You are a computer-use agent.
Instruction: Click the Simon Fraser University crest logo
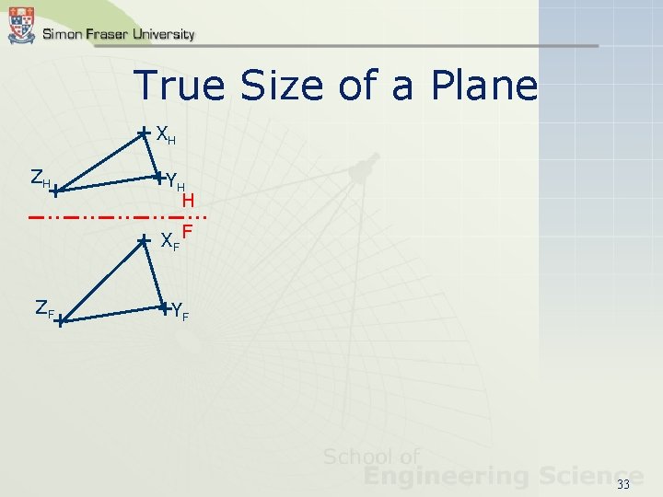pyautogui.click(x=21, y=25)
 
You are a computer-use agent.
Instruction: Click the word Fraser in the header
pyautogui.click(x=101, y=34)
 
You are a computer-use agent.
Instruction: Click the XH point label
pyautogui.click(x=166, y=136)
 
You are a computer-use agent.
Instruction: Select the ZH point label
pyautogui.click(x=40, y=179)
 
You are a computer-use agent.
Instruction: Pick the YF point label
pyautogui.click(x=180, y=312)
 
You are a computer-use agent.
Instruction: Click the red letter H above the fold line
pyautogui.click(x=187, y=200)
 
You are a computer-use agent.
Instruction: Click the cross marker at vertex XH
pyautogui.click(x=144, y=133)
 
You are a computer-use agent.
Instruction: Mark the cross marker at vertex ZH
pyautogui.click(x=55, y=191)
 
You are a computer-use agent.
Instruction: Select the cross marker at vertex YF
pyautogui.click(x=163, y=307)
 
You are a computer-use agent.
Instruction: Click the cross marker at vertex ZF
pyautogui.click(x=58, y=321)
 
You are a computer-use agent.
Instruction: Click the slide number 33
pyautogui.click(x=623, y=484)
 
